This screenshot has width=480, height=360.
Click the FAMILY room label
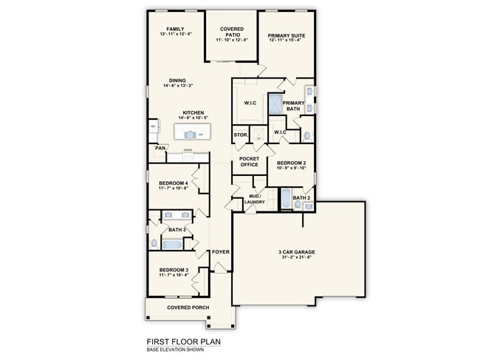175,29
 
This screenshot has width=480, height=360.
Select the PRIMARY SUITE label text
287,35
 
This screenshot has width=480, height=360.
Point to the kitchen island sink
191,134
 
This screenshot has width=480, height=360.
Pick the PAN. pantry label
160,148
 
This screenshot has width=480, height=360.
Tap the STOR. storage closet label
240,135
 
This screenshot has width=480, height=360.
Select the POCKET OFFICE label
249,161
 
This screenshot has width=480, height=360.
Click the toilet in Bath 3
154,243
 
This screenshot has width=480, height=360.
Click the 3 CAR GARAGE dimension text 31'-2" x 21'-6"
295,257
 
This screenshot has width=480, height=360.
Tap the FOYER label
221,252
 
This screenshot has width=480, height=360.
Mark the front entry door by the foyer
221,272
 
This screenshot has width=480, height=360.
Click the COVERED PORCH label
188,308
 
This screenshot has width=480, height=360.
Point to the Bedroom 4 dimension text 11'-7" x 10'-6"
174,188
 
